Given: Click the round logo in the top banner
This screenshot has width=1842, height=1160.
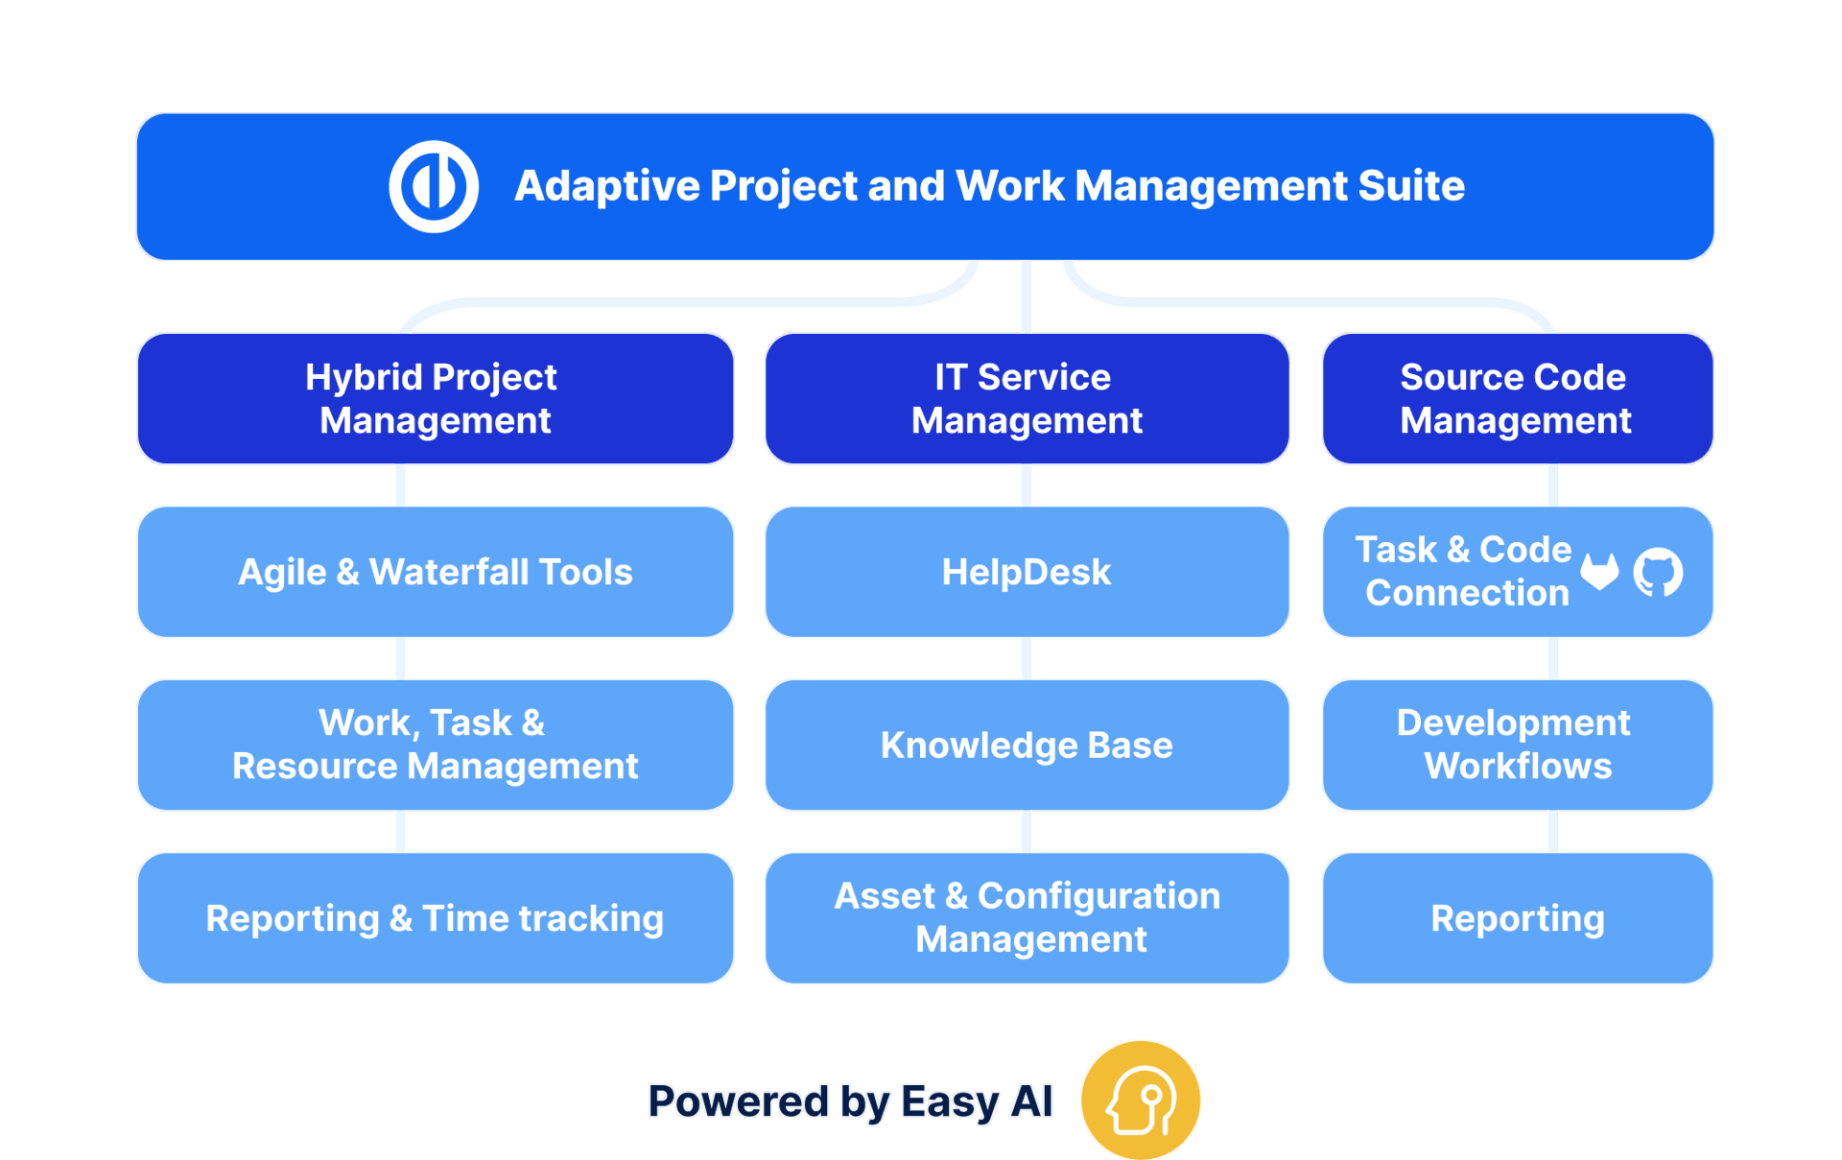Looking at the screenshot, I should (434, 186).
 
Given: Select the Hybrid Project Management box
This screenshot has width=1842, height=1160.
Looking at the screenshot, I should (435, 398).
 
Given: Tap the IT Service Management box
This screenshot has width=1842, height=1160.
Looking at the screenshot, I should (1027, 398).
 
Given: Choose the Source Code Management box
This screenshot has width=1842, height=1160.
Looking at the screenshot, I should (1517, 398).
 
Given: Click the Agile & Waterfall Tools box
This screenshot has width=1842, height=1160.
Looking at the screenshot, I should (435, 572).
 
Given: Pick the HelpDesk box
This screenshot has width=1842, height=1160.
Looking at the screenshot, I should (1027, 572).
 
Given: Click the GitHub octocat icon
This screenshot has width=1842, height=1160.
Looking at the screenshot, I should (1658, 573).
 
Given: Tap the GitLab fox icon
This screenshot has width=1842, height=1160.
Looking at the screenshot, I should (1599, 572).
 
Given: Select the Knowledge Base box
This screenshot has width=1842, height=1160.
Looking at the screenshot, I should (1027, 746).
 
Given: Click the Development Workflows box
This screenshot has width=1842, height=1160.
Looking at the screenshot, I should (1517, 746).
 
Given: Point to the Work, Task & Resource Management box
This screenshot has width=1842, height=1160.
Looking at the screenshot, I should (435, 746).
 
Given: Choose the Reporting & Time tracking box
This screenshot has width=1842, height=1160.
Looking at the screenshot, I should (435, 918).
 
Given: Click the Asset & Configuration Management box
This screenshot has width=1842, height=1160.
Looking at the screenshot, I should (1027, 918).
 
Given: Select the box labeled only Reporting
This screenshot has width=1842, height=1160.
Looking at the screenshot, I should (1517, 918).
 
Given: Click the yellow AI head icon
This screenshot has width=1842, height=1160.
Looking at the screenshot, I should (1141, 1100).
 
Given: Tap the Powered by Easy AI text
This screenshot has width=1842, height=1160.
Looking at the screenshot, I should (850, 1101).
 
